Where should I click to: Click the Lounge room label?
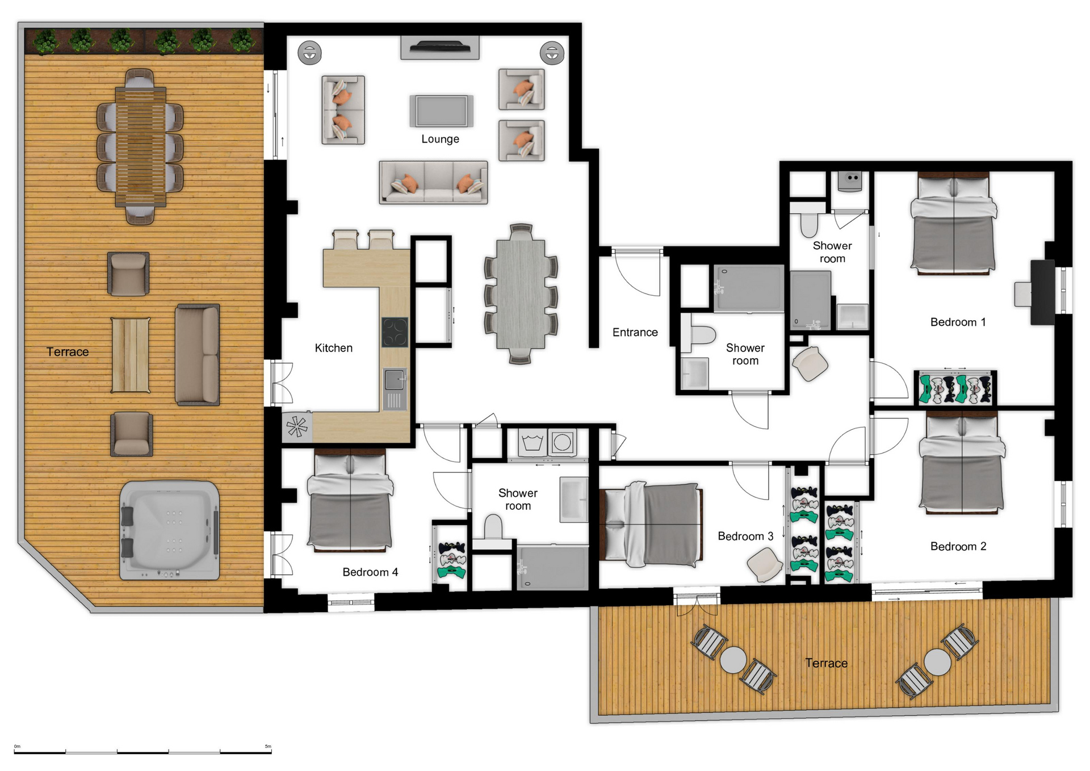[x=440, y=139]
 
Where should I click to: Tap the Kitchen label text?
[x=333, y=348]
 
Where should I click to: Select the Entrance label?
[x=635, y=332]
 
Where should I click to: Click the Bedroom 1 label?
[x=958, y=322]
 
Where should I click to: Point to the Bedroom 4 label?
[x=370, y=572]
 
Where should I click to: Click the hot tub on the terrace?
[x=169, y=530]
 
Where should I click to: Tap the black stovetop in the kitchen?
[x=395, y=332]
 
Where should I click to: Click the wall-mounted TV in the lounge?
[x=440, y=47]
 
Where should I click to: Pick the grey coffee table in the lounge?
[x=441, y=111]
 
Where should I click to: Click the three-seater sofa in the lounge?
[x=433, y=182]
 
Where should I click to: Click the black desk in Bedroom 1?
[x=1042, y=292]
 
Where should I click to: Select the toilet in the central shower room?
[x=698, y=335]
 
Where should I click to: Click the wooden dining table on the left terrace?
[x=141, y=146]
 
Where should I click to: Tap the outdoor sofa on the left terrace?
[x=198, y=355]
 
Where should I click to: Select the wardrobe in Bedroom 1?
[x=955, y=388]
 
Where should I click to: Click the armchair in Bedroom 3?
[x=765, y=564]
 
